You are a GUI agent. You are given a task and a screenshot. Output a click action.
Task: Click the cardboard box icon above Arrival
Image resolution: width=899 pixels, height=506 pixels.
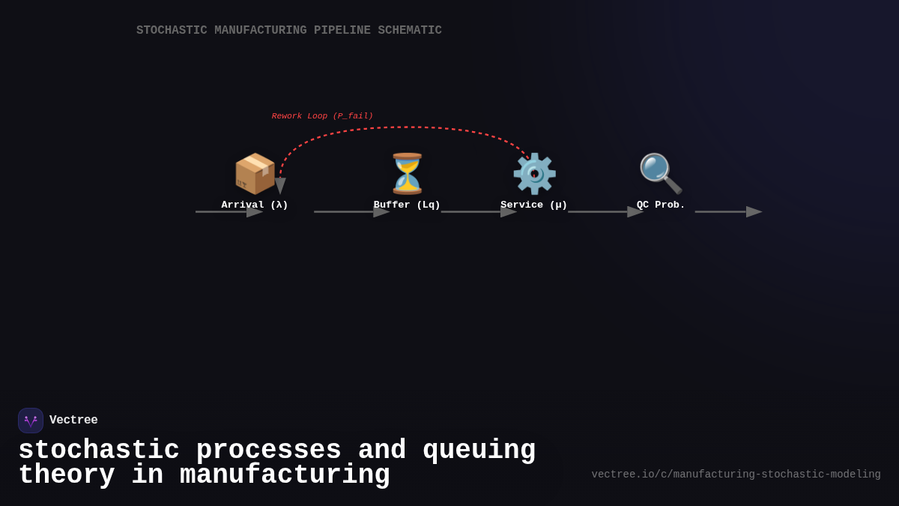point(255,173)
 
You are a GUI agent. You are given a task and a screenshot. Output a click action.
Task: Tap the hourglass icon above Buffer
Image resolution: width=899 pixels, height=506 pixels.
point(407,173)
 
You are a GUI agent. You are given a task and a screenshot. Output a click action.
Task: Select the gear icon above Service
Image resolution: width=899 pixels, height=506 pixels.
point(534,173)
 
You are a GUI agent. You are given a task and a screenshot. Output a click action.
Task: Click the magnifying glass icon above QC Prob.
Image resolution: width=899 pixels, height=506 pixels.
point(660,173)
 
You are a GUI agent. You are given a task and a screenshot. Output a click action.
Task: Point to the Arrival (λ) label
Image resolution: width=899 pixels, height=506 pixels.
point(255,205)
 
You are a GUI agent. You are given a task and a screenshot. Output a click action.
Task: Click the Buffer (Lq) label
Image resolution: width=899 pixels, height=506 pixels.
point(407,205)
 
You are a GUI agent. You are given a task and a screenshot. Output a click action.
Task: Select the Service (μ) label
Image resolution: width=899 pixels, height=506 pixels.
point(534,205)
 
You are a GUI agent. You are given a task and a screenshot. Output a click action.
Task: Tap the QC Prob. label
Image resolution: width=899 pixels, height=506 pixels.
point(661,205)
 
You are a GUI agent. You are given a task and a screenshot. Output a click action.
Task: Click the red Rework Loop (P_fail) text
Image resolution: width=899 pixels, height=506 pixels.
point(322,116)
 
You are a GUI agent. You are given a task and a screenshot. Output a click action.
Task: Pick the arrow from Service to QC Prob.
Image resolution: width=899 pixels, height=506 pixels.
point(605,212)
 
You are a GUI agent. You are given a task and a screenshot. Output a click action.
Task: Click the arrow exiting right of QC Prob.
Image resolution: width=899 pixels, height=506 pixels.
point(727,212)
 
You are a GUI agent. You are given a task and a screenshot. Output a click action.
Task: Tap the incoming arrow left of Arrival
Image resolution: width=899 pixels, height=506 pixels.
point(228,212)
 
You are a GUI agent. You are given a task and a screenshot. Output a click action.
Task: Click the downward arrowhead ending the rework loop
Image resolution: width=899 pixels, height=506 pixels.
point(280,186)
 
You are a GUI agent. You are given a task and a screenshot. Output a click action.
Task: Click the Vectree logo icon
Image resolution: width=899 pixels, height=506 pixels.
point(31,421)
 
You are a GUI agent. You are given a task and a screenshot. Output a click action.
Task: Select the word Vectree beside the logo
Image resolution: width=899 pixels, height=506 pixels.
point(73,421)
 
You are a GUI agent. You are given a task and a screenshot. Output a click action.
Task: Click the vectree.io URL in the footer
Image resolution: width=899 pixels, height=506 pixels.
point(736,475)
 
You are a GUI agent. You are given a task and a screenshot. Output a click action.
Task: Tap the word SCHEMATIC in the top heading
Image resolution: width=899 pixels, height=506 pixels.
point(409,31)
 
